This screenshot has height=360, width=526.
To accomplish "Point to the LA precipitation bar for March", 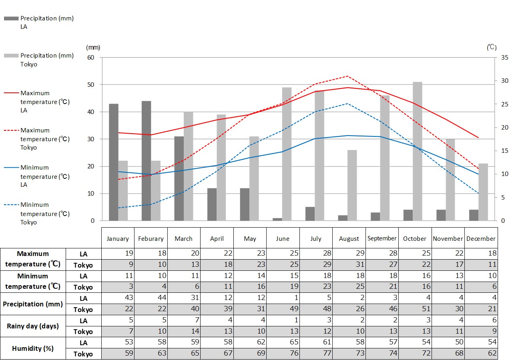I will coord(179,178).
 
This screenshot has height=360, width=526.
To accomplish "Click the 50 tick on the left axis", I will coord(91,85).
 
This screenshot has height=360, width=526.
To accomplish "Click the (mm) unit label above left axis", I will coord(93,48).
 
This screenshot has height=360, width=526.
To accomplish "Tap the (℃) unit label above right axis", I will coord(492,48).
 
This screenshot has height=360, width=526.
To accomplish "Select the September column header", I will coord(382,238).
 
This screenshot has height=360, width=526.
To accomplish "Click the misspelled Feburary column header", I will coord(151,239).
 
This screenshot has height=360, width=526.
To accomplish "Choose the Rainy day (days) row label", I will coord(33,326).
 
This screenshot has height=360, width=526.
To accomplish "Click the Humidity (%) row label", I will coord(33,348).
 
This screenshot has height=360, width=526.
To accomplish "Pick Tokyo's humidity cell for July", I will coord(316,354).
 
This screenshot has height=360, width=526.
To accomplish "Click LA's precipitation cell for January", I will coord(118,298).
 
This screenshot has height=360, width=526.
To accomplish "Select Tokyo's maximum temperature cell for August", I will coord(349,264).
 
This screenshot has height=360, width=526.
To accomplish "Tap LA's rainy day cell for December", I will coord(481,320).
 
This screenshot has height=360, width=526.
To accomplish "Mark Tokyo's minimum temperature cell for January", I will coord(118,287).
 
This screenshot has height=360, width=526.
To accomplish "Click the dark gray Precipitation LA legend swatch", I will coord(11,18).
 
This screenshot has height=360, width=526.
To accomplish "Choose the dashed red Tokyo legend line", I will coord(11,130).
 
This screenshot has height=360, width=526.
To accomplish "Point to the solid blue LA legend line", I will coord(11,167).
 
